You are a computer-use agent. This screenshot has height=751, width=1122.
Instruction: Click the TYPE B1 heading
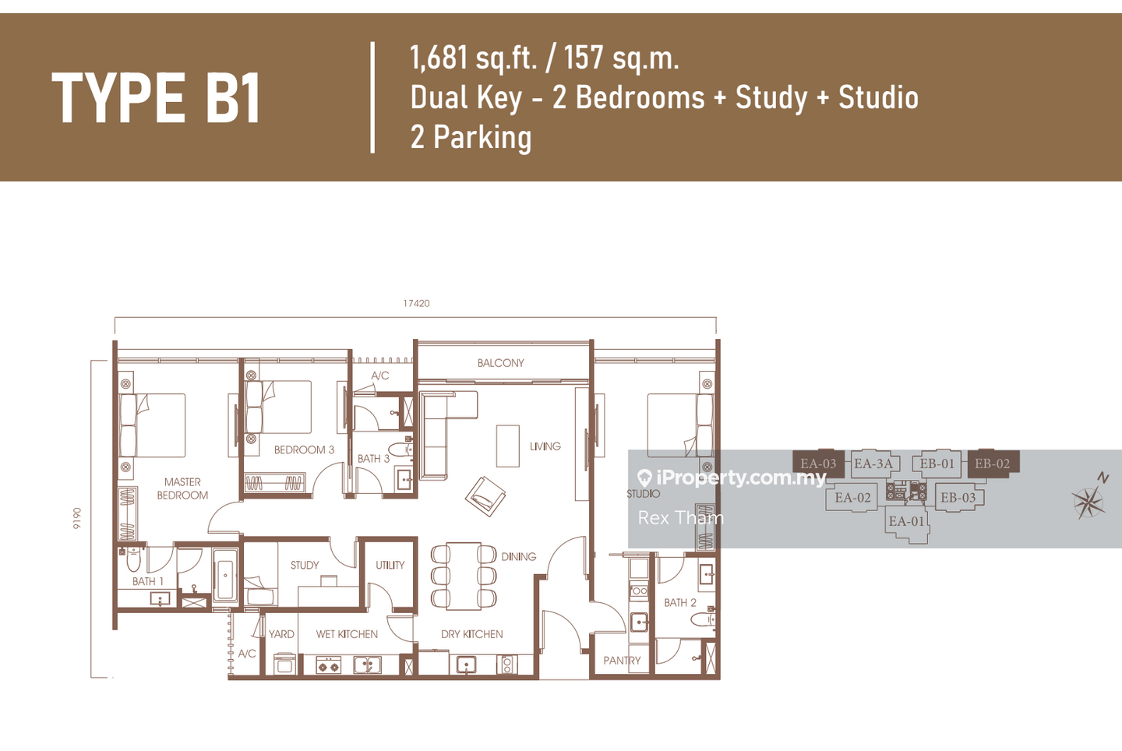point(157,97)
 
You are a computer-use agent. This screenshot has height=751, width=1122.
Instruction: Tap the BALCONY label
point(500,363)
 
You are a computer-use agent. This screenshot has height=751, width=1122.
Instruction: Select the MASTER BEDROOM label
point(182,488)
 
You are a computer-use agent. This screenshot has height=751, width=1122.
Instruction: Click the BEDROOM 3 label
point(304,450)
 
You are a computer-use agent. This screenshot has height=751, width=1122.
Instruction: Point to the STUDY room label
point(305,565)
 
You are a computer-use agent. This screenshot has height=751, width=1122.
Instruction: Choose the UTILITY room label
point(390,565)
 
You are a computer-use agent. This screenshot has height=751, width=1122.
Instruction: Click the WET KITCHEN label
point(347,634)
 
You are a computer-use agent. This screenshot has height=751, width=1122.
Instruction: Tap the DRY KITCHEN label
point(472,634)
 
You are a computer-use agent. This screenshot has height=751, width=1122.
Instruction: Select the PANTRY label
point(622,661)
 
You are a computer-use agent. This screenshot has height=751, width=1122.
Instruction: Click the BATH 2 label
point(680,603)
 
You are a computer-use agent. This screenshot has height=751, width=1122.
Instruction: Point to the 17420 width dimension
point(416,303)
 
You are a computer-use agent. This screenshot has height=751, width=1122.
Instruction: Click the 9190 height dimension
point(76,519)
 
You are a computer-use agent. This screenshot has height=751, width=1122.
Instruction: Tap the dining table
point(464,576)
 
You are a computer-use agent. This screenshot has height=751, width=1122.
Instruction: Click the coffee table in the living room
point(507,446)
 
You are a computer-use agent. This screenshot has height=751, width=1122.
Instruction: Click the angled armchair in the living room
point(485,496)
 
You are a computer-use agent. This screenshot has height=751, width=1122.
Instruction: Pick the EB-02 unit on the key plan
point(993,464)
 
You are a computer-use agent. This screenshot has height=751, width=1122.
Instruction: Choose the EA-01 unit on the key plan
point(906,522)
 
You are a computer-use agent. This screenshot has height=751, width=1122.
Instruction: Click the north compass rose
point(1089,501)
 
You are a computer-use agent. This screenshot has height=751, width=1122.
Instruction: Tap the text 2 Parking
point(471,136)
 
